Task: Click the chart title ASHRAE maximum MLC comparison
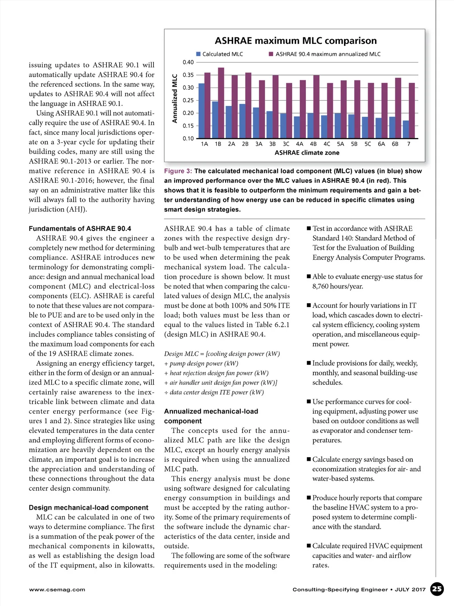(296, 41)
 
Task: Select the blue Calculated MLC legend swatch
(199, 54)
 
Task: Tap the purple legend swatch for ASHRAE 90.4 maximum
(271, 54)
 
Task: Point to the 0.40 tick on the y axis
(188, 62)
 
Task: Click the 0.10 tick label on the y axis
(188, 139)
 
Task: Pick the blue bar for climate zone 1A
(201, 111)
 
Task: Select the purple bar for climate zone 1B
(221, 103)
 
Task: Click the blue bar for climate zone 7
(406, 129)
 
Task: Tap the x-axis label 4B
(313, 144)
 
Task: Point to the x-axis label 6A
(381, 144)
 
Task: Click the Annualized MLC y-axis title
(175, 99)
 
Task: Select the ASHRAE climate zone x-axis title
(307, 153)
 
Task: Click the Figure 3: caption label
(178, 171)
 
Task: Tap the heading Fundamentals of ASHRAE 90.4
(80, 229)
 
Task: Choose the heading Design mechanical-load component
(89, 507)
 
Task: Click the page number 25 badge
(437, 589)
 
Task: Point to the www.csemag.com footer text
(57, 590)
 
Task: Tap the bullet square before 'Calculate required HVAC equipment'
(309, 546)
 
